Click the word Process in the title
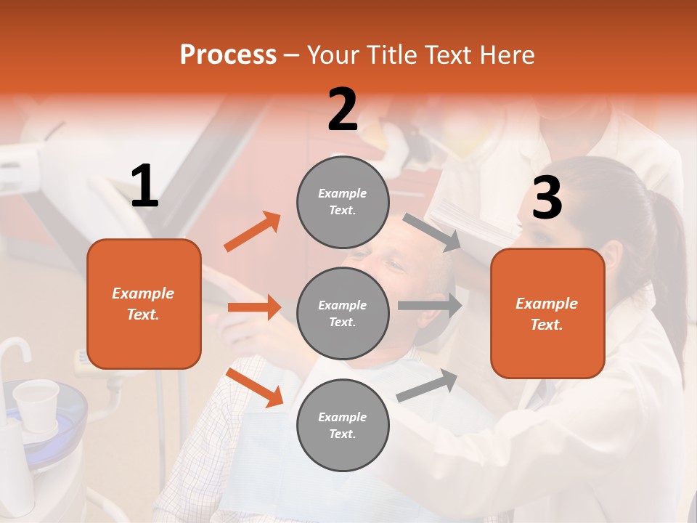[228, 55]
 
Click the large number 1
[144, 187]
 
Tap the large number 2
[343, 110]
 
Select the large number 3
[547, 198]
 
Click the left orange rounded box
[144, 304]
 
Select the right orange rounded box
[547, 314]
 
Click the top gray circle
[343, 202]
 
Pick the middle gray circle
[343, 313]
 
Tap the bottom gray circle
[343, 425]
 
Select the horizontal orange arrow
[254, 307]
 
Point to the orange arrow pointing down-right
[255, 388]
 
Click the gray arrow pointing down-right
[433, 232]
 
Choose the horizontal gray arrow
[430, 306]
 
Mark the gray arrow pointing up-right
[428, 385]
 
